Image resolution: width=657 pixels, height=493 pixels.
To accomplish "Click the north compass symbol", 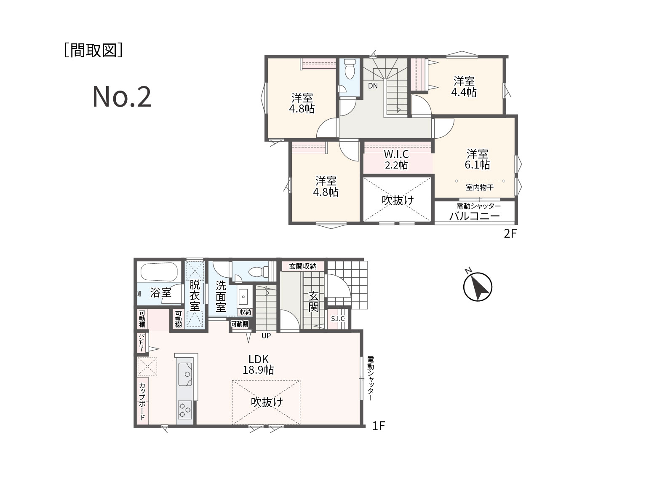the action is [x=478, y=287].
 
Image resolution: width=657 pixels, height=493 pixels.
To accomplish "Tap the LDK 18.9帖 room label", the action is [x=258, y=364].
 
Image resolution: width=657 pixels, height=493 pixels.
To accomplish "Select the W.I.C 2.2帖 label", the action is [x=396, y=160].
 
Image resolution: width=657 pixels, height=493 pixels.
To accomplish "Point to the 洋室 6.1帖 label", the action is [x=477, y=159].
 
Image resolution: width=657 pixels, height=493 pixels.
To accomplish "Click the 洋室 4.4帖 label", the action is [x=464, y=86].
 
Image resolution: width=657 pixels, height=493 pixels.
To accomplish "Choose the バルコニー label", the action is [x=474, y=216].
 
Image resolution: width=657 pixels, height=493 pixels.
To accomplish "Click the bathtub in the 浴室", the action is [x=159, y=272].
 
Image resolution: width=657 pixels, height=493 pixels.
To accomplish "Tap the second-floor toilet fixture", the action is [x=349, y=69].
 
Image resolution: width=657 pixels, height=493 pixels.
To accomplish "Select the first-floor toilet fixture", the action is [x=259, y=272].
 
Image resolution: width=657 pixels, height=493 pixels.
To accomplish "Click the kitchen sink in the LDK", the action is [x=185, y=374].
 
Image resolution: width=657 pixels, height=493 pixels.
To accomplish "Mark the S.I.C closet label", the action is [x=338, y=319].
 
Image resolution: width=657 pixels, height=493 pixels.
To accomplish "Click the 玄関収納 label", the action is [x=303, y=266].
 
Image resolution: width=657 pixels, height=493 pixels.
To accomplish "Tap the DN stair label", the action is [x=373, y=86].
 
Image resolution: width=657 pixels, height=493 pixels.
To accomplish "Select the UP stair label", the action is [x=266, y=335].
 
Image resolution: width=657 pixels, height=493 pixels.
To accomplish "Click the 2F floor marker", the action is [x=510, y=233].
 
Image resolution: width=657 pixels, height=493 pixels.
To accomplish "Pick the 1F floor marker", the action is [x=378, y=426].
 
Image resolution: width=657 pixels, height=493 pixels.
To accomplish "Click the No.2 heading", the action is [x=122, y=96].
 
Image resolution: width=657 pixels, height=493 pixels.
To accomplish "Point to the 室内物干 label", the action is [x=480, y=188].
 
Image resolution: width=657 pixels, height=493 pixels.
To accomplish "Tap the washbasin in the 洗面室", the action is [x=243, y=297].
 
